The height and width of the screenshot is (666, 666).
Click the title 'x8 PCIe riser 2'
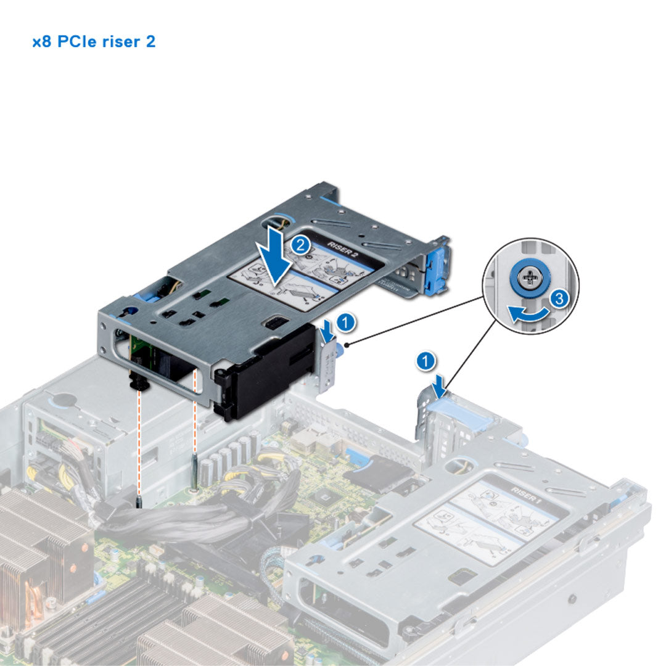point(94,43)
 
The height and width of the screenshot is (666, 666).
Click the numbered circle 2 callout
point(300,244)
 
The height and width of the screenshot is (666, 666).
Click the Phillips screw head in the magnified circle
point(529,279)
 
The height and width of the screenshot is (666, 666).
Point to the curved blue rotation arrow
point(527,313)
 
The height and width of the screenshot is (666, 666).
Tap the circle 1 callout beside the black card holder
point(347,321)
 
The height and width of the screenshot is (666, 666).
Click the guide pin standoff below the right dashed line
point(195,475)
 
